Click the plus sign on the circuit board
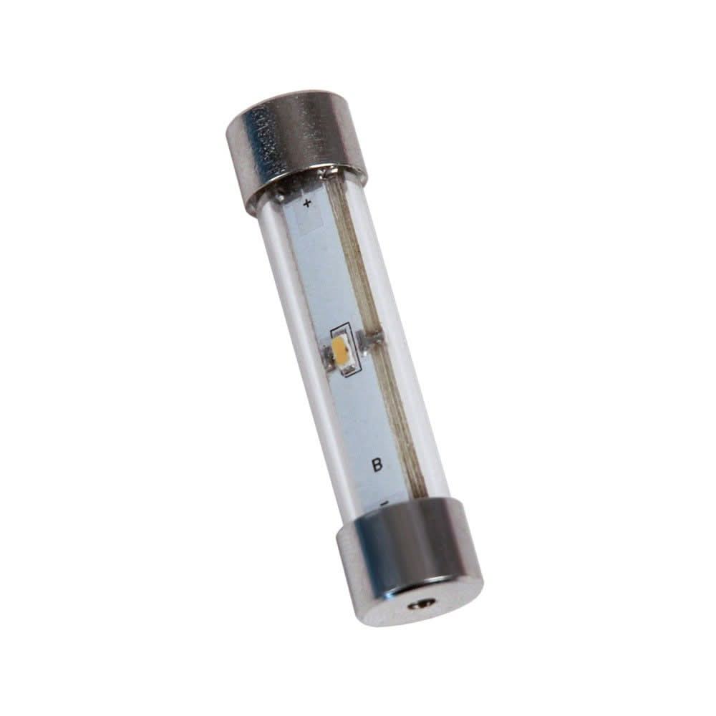(307, 204)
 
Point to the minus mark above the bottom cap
(384, 503)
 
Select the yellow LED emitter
(341, 351)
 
